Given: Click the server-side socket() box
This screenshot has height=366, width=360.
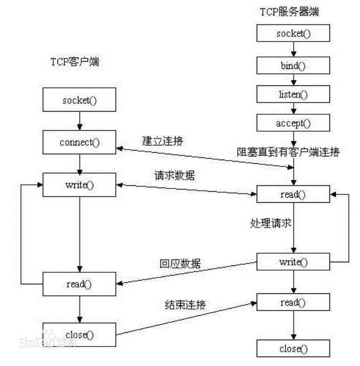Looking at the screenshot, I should [x=293, y=34].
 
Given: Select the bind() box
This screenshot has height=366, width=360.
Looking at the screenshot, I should [x=293, y=66].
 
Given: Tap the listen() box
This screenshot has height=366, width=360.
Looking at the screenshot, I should [x=293, y=95].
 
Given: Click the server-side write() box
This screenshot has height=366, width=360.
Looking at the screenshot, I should [x=293, y=262].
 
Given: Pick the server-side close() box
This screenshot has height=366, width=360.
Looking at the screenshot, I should [x=293, y=349].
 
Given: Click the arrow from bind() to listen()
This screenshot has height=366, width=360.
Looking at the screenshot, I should [x=293, y=81].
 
